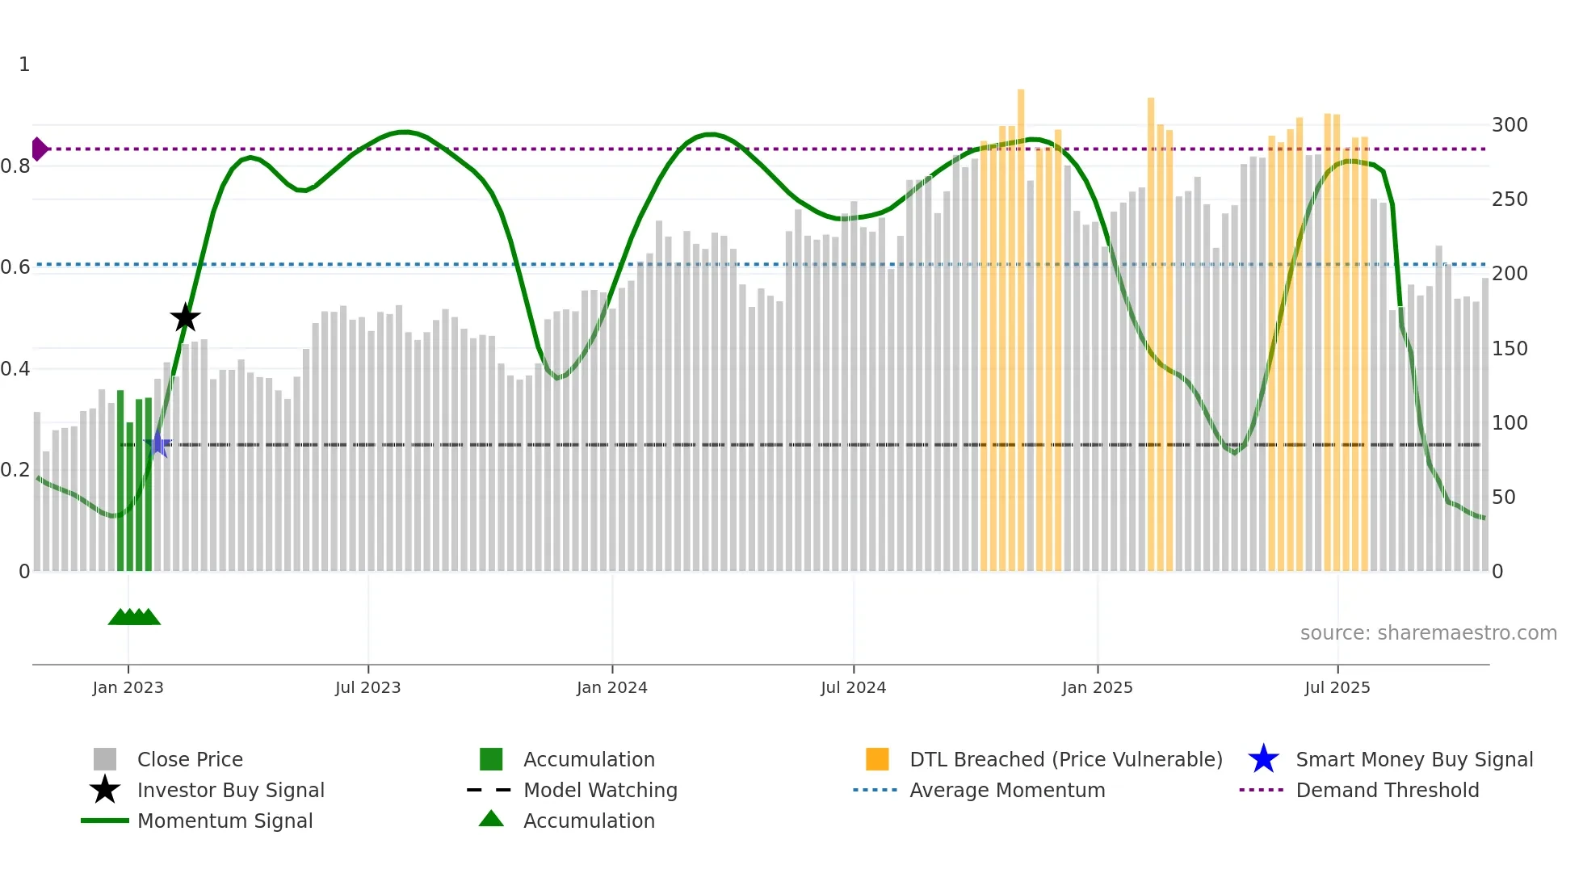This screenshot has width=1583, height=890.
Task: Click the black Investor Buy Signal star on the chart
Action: [185, 317]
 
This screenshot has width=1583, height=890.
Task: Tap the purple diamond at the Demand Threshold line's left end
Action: [39, 149]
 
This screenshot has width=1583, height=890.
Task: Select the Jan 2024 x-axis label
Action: [611, 687]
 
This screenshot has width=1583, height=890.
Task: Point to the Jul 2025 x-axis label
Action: [1337, 687]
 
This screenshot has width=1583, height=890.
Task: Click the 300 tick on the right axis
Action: [1509, 125]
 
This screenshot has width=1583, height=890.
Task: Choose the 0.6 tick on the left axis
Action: [15, 267]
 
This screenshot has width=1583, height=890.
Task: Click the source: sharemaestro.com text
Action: [1428, 633]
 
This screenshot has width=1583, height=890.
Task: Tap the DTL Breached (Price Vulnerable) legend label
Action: [1065, 759]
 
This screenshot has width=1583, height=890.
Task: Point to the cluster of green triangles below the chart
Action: [134, 617]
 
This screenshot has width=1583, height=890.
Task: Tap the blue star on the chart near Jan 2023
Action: [158, 444]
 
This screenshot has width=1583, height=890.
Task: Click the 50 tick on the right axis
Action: [1503, 497]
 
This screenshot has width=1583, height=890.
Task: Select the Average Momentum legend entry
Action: [1006, 790]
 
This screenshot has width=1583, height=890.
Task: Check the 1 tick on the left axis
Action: [24, 65]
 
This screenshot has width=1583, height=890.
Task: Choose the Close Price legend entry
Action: [189, 759]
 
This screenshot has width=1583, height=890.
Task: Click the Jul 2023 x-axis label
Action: [367, 687]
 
